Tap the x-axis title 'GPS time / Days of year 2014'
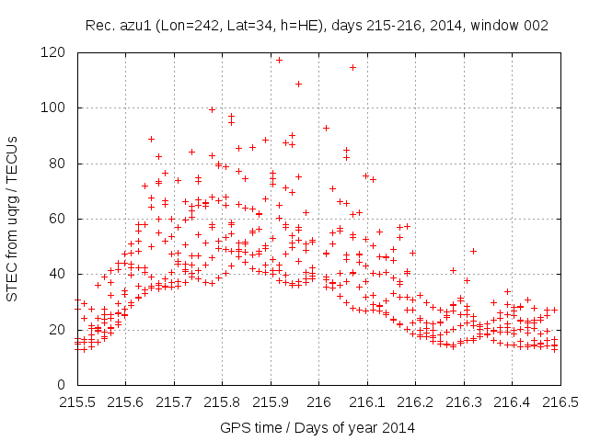(x=318, y=427)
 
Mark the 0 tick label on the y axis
(x=61, y=384)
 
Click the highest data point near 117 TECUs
(x=279, y=60)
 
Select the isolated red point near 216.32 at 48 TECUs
(x=473, y=251)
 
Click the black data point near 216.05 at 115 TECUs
(x=352, y=67)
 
